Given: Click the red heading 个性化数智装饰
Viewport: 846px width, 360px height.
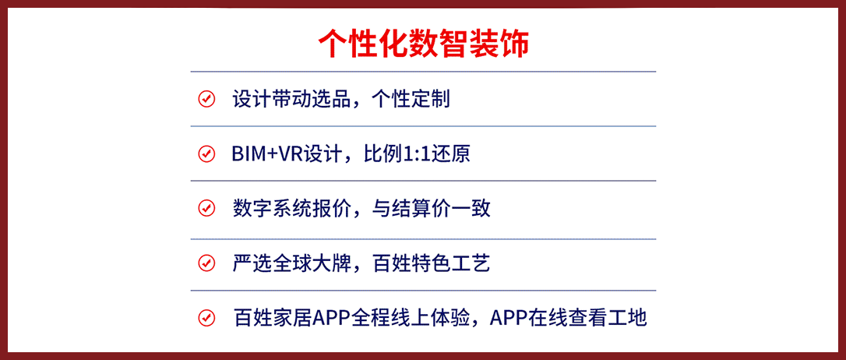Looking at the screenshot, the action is click(x=423, y=43).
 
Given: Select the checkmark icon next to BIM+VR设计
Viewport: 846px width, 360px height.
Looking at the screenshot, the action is click(x=206, y=154).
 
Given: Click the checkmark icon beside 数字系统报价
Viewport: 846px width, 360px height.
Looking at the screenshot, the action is click(x=206, y=208).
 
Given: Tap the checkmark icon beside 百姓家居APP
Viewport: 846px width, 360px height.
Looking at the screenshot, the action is click(x=206, y=318).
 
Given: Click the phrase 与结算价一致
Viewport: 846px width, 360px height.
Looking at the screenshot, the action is click(x=431, y=208).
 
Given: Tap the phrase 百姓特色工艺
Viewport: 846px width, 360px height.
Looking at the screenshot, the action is click(x=431, y=263).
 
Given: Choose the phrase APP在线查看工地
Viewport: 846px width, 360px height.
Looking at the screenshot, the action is click(x=568, y=318).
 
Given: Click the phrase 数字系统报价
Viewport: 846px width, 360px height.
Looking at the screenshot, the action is click(x=291, y=208).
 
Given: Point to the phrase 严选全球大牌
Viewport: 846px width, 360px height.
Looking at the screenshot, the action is click(x=291, y=263).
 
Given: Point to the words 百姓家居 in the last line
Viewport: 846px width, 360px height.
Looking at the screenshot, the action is click(x=271, y=318).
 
